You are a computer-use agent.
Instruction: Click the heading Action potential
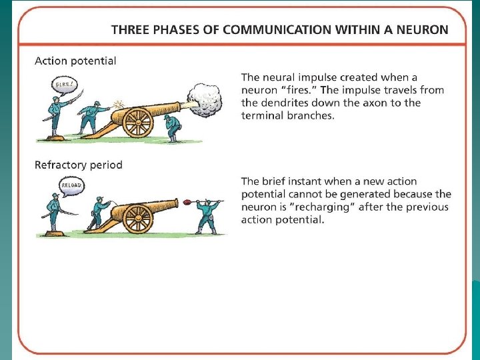pos(75,61)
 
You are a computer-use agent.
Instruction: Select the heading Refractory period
pos(78,165)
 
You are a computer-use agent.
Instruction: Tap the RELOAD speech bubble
pos(70,185)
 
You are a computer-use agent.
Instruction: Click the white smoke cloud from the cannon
pos(205,100)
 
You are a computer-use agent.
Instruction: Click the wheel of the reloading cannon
pos(139,218)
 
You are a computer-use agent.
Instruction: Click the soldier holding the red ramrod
pos(207,215)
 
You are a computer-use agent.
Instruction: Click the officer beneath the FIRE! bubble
pos(56,117)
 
